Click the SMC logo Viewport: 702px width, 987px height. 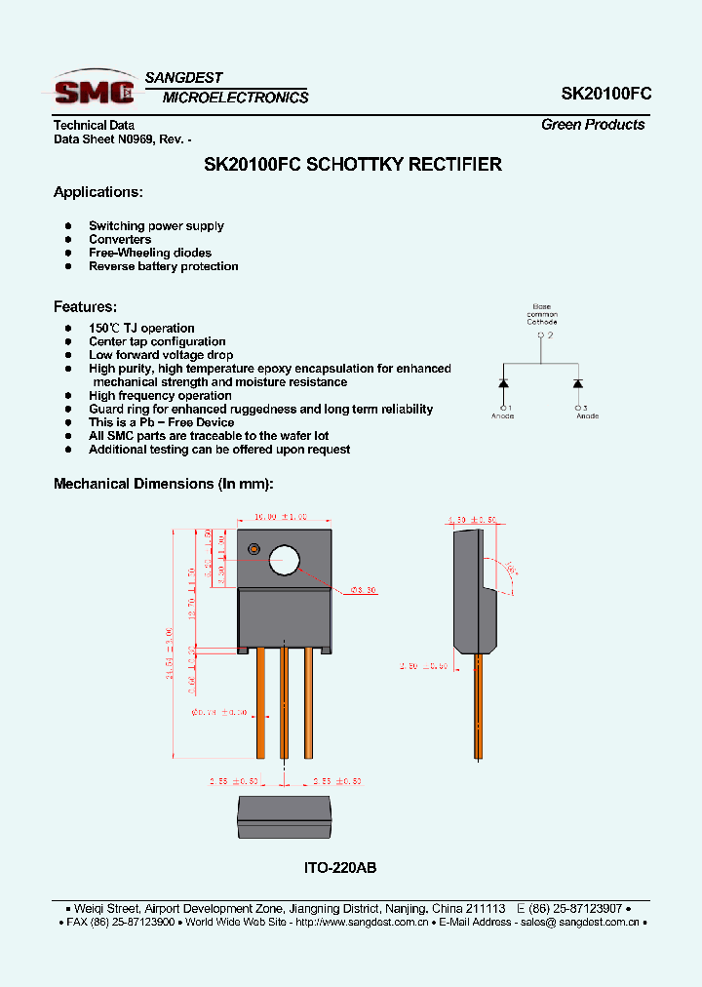(x=95, y=90)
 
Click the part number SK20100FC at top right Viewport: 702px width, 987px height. (x=605, y=94)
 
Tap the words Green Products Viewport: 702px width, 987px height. (x=593, y=125)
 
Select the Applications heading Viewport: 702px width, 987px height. (x=97, y=192)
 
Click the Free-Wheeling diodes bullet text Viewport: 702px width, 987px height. (x=149, y=253)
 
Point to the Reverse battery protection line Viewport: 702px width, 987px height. (x=163, y=266)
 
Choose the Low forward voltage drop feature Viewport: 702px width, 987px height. (x=161, y=355)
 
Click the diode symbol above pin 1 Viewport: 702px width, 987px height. (x=504, y=382)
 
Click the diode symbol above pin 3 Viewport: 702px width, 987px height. (x=578, y=382)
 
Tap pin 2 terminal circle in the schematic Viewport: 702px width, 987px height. (x=540, y=336)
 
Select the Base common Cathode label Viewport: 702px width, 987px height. (x=541, y=314)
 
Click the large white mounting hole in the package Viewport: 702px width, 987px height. (x=286, y=560)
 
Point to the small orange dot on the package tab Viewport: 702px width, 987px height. (x=253, y=549)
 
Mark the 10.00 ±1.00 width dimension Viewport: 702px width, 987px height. (x=280, y=517)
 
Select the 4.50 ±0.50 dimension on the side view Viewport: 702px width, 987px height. (x=472, y=519)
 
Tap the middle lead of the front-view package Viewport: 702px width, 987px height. (x=285, y=702)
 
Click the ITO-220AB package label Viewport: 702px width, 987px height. (x=340, y=867)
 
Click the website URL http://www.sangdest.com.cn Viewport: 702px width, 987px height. (x=360, y=922)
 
